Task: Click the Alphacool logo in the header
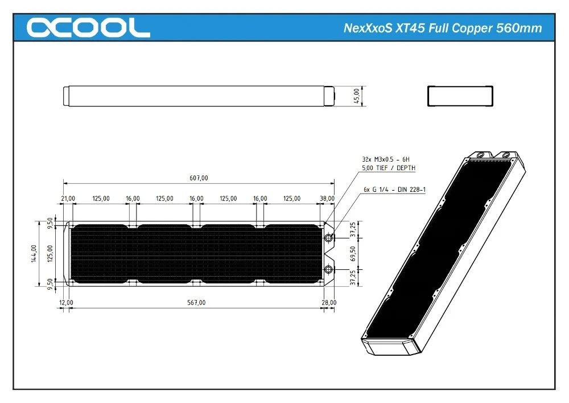[x=88, y=27]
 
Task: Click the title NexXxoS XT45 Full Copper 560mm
[x=443, y=28]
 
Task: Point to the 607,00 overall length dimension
[x=198, y=178]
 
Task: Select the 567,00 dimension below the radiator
[x=196, y=303]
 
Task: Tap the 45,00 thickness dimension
[x=357, y=95]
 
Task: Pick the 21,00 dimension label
[x=68, y=199]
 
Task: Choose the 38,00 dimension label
[x=327, y=199]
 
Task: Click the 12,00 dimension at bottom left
[x=67, y=303]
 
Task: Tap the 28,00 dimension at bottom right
[x=329, y=303]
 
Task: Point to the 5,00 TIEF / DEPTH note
[x=389, y=168]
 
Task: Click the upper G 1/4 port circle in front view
[x=329, y=238]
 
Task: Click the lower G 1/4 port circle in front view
[x=329, y=269]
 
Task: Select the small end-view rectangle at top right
[x=460, y=96]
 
